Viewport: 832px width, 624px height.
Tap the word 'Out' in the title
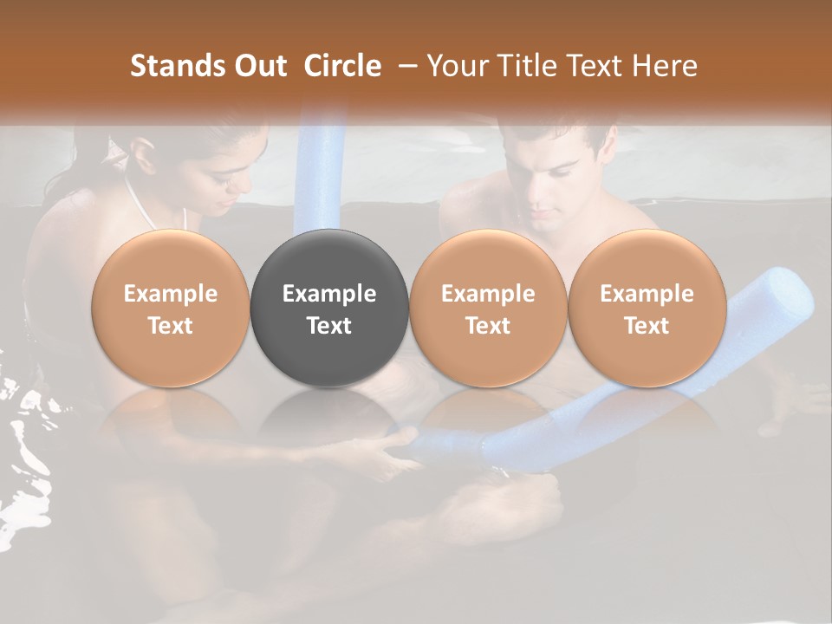point(260,66)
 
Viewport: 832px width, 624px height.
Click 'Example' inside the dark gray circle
point(329,294)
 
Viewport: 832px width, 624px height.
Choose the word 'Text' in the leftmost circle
point(170,326)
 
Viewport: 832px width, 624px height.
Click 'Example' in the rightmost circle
point(647,294)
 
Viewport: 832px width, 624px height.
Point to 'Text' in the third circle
point(488,326)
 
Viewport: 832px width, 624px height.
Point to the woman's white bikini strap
point(139,204)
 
